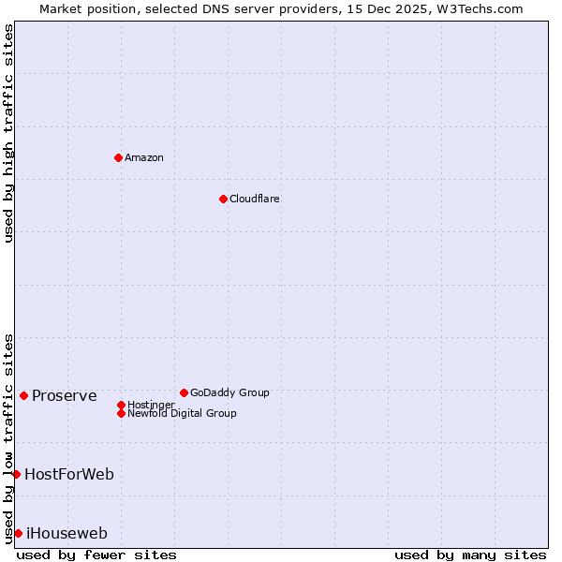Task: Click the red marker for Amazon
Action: pos(118,157)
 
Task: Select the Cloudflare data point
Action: pos(223,199)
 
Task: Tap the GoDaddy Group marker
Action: pos(184,392)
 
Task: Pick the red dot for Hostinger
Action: pos(121,405)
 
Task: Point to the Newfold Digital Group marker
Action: pos(121,413)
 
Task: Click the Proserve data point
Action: pos(23,395)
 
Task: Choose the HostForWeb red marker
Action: pos(16,474)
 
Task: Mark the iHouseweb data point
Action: pos(18,533)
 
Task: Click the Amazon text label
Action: pos(144,157)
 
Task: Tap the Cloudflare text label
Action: pos(255,199)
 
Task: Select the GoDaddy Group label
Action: pos(229,392)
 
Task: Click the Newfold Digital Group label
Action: pos(182,413)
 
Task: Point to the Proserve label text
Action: pos(64,395)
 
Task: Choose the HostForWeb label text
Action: pos(69,474)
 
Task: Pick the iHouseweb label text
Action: pos(67,534)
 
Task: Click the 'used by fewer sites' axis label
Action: pos(96,555)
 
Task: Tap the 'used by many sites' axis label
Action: pos(470,555)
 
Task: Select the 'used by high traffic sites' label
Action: pos(8,133)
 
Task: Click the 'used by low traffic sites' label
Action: pos(8,437)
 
